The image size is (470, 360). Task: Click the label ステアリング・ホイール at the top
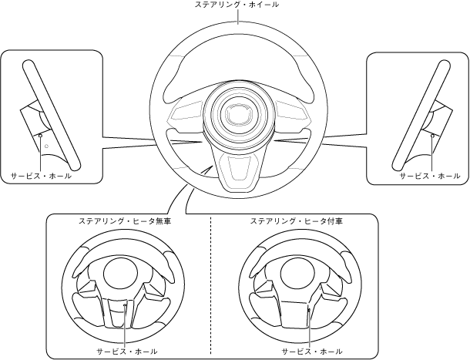point(237,6)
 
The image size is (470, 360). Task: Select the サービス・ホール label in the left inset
point(42,176)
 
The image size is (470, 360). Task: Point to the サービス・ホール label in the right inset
point(429,176)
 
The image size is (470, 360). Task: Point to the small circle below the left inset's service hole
point(45,146)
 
